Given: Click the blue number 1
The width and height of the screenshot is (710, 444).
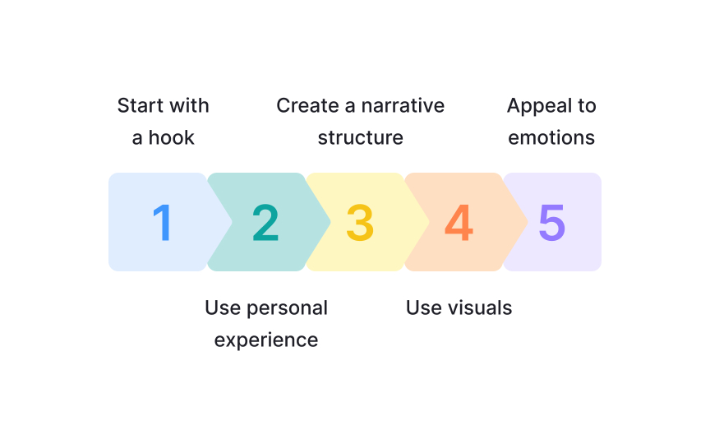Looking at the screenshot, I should click(x=163, y=222).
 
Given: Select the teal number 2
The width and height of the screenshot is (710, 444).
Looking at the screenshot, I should click(x=265, y=222).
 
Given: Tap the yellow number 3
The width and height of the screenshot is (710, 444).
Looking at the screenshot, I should click(x=360, y=222).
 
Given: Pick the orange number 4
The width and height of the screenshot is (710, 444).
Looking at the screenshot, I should click(x=459, y=222).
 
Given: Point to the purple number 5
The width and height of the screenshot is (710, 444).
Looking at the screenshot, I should click(x=552, y=222).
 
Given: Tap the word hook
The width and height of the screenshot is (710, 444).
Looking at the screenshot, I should click(x=172, y=137).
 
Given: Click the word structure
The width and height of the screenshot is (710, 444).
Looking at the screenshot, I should click(x=360, y=137).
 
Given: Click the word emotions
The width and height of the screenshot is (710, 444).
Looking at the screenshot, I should click(x=551, y=137).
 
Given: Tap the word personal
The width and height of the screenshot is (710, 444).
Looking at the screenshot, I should click(x=287, y=308).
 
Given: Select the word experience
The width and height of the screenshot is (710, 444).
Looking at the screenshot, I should click(x=266, y=340).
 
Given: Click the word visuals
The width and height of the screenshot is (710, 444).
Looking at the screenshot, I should click(x=480, y=308).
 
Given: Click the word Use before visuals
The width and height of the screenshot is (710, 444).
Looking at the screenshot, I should click(x=423, y=308).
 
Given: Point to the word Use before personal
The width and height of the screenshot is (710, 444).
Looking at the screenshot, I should click(x=222, y=308).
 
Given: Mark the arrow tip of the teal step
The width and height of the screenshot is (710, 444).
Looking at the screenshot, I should click(x=330, y=222).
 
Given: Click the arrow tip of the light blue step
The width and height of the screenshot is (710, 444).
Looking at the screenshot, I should click(x=232, y=222).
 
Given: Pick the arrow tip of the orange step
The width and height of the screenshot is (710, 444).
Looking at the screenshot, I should click(x=528, y=222).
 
